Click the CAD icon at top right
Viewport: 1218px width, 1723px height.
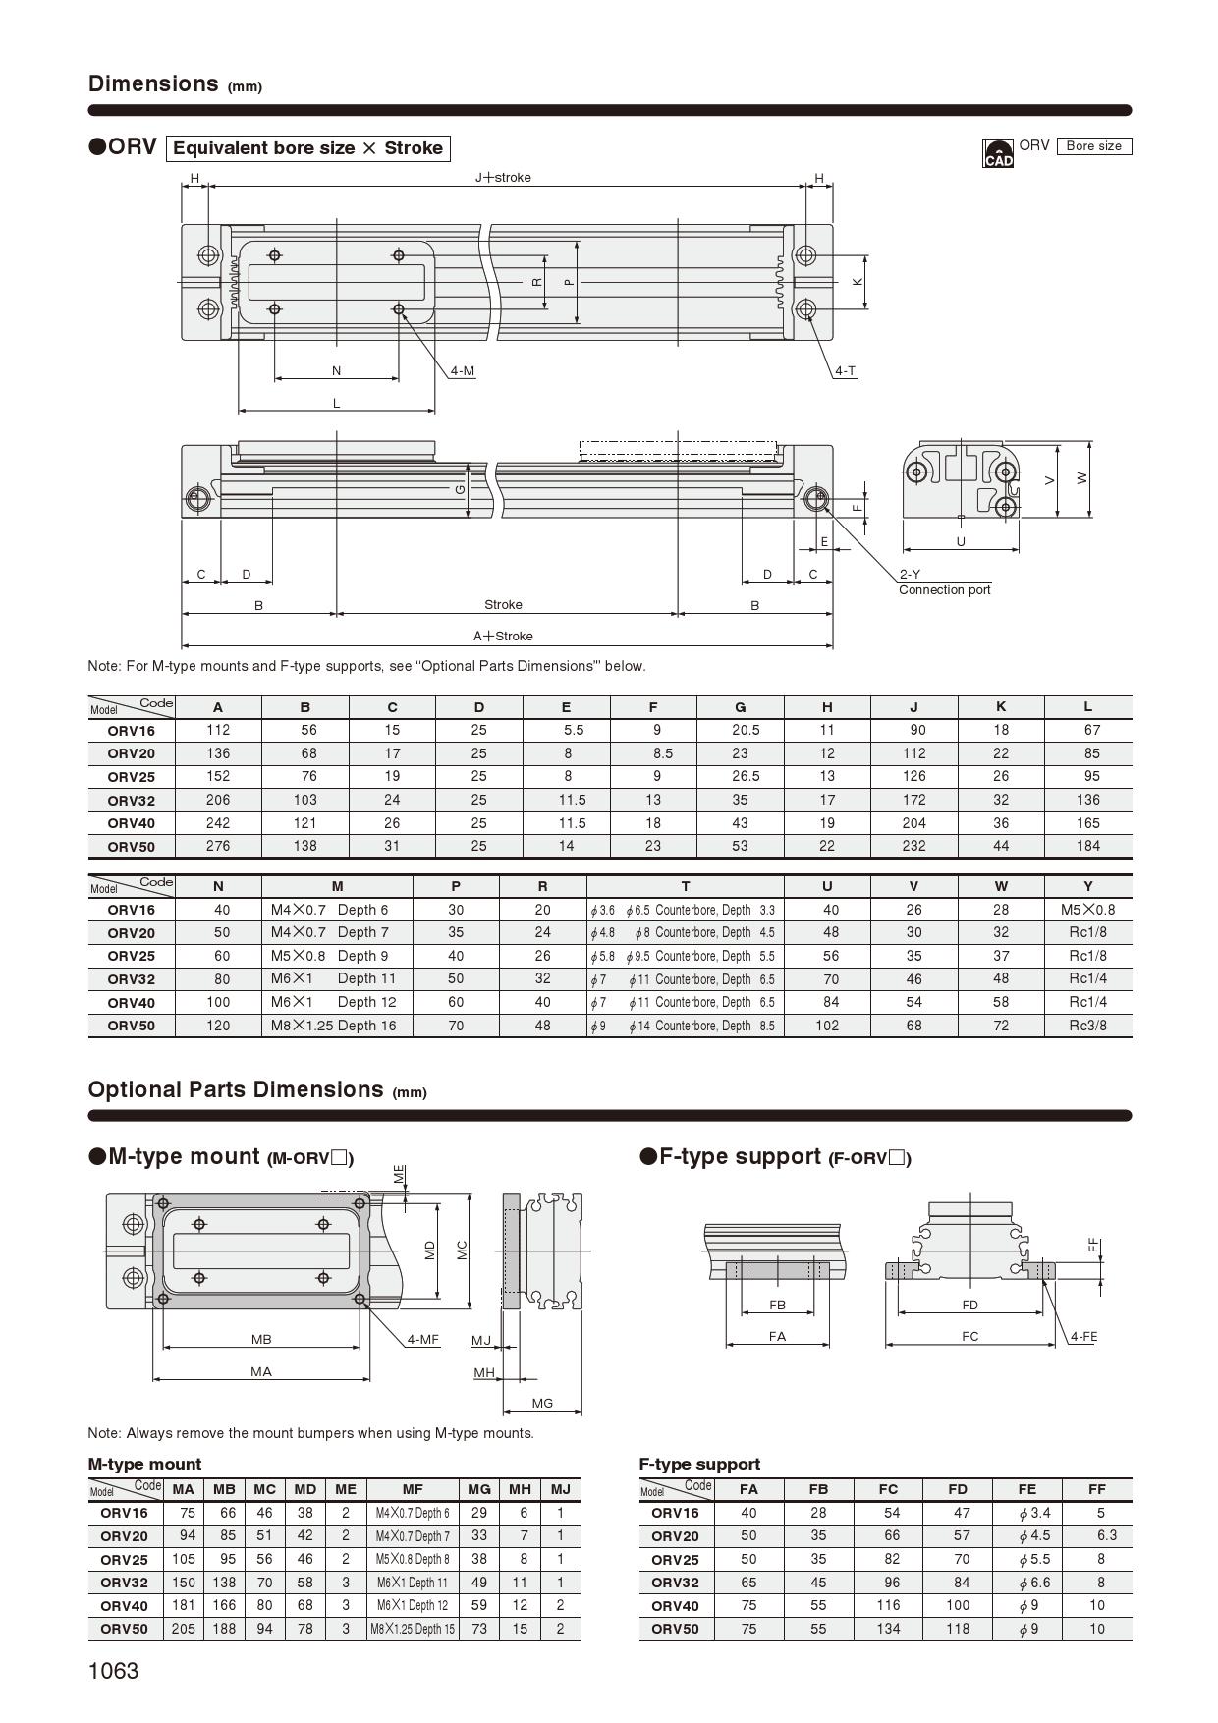997,153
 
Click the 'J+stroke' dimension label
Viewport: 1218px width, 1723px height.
503,178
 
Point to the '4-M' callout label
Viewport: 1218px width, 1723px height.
463,371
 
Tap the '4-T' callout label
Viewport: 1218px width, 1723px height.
845,371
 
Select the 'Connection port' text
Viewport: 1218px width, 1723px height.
944,590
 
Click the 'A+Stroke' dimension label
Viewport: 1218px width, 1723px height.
503,636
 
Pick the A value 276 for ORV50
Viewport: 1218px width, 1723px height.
218,846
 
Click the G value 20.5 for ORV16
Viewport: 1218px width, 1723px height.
740,730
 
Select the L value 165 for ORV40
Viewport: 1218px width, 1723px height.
1087,823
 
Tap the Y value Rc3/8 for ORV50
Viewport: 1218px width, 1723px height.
1087,1026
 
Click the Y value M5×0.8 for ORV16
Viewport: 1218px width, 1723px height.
1087,910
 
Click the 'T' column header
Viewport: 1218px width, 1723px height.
685,886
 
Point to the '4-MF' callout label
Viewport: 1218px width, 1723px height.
423,1339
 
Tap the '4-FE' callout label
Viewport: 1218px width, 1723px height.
1082,1336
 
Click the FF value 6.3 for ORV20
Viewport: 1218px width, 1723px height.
1106,1535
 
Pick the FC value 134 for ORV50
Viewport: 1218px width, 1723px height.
888,1629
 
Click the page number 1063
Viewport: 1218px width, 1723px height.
114,1671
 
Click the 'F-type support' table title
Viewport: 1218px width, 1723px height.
699,1464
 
